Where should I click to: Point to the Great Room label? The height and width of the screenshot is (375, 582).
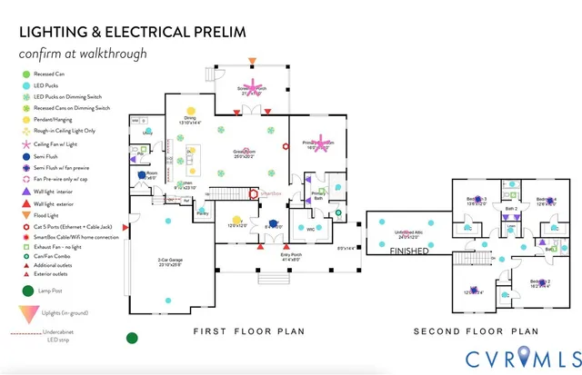(266, 153)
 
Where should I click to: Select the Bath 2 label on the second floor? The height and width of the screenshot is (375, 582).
(511, 209)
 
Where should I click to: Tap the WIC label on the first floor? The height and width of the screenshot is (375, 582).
(310, 229)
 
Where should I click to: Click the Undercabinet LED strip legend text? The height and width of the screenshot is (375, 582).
(58, 338)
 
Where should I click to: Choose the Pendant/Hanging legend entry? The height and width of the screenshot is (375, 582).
(55, 119)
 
